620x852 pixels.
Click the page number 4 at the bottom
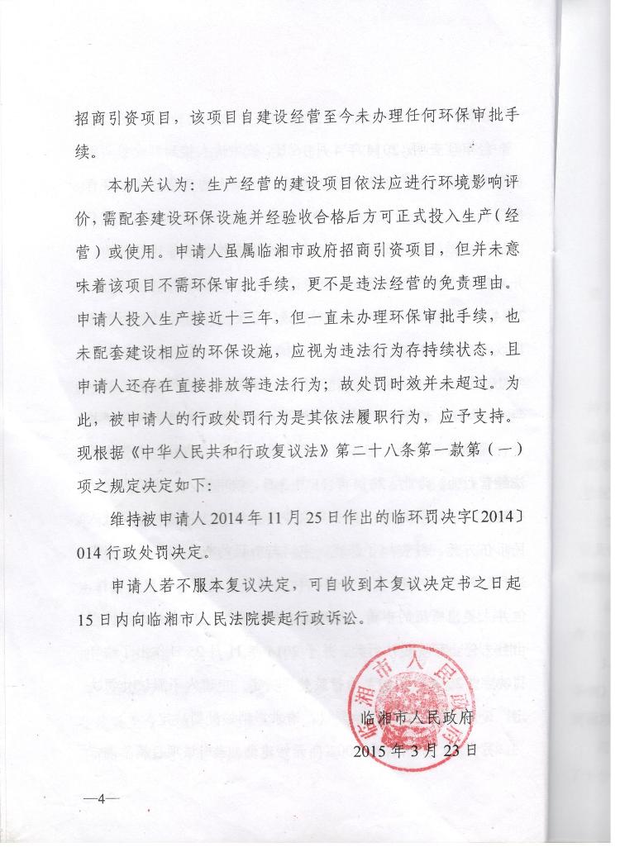(x=102, y=799)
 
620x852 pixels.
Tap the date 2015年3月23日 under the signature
(x=414, y=750)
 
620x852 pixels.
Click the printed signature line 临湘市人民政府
(x=417, y=717)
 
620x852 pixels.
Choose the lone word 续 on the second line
(x=83, y=151)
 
